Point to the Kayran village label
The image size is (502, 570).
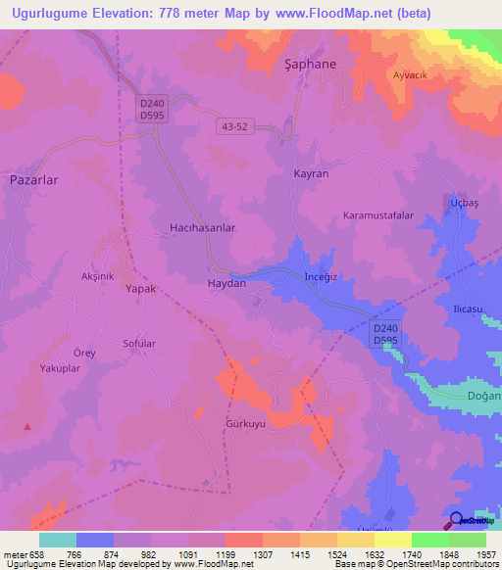pyautogui.click(x=311, y=173)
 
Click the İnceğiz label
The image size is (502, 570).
pyautogui.click(x=321, y=277)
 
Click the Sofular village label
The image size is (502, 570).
pyautogui.click(x=138, y=344)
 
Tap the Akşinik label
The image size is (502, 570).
pyautogui.click(x=97, y=276)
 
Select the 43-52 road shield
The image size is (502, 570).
pyautogui.click(x=235, y=126)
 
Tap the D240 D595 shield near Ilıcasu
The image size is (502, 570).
pyautogui.click(x=386, y=333)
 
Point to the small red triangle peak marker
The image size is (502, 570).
pyautogui.click(x=27, y=426)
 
